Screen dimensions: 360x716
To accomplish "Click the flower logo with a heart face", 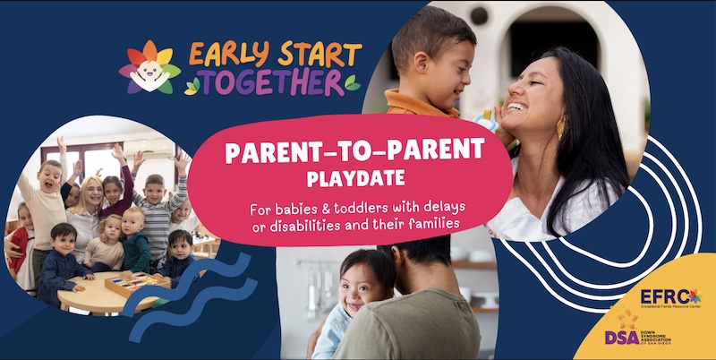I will coord(150,68).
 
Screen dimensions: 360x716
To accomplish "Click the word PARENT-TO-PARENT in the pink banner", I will coord(355,151).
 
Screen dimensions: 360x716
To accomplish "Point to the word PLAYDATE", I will coord(355,178).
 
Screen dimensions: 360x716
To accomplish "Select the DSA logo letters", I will coord(622,338).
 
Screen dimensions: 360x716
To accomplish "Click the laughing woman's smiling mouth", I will coord(516,108).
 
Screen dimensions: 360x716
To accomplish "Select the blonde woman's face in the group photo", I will coord(92,192).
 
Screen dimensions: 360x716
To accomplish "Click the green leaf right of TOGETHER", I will coord(351,83).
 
